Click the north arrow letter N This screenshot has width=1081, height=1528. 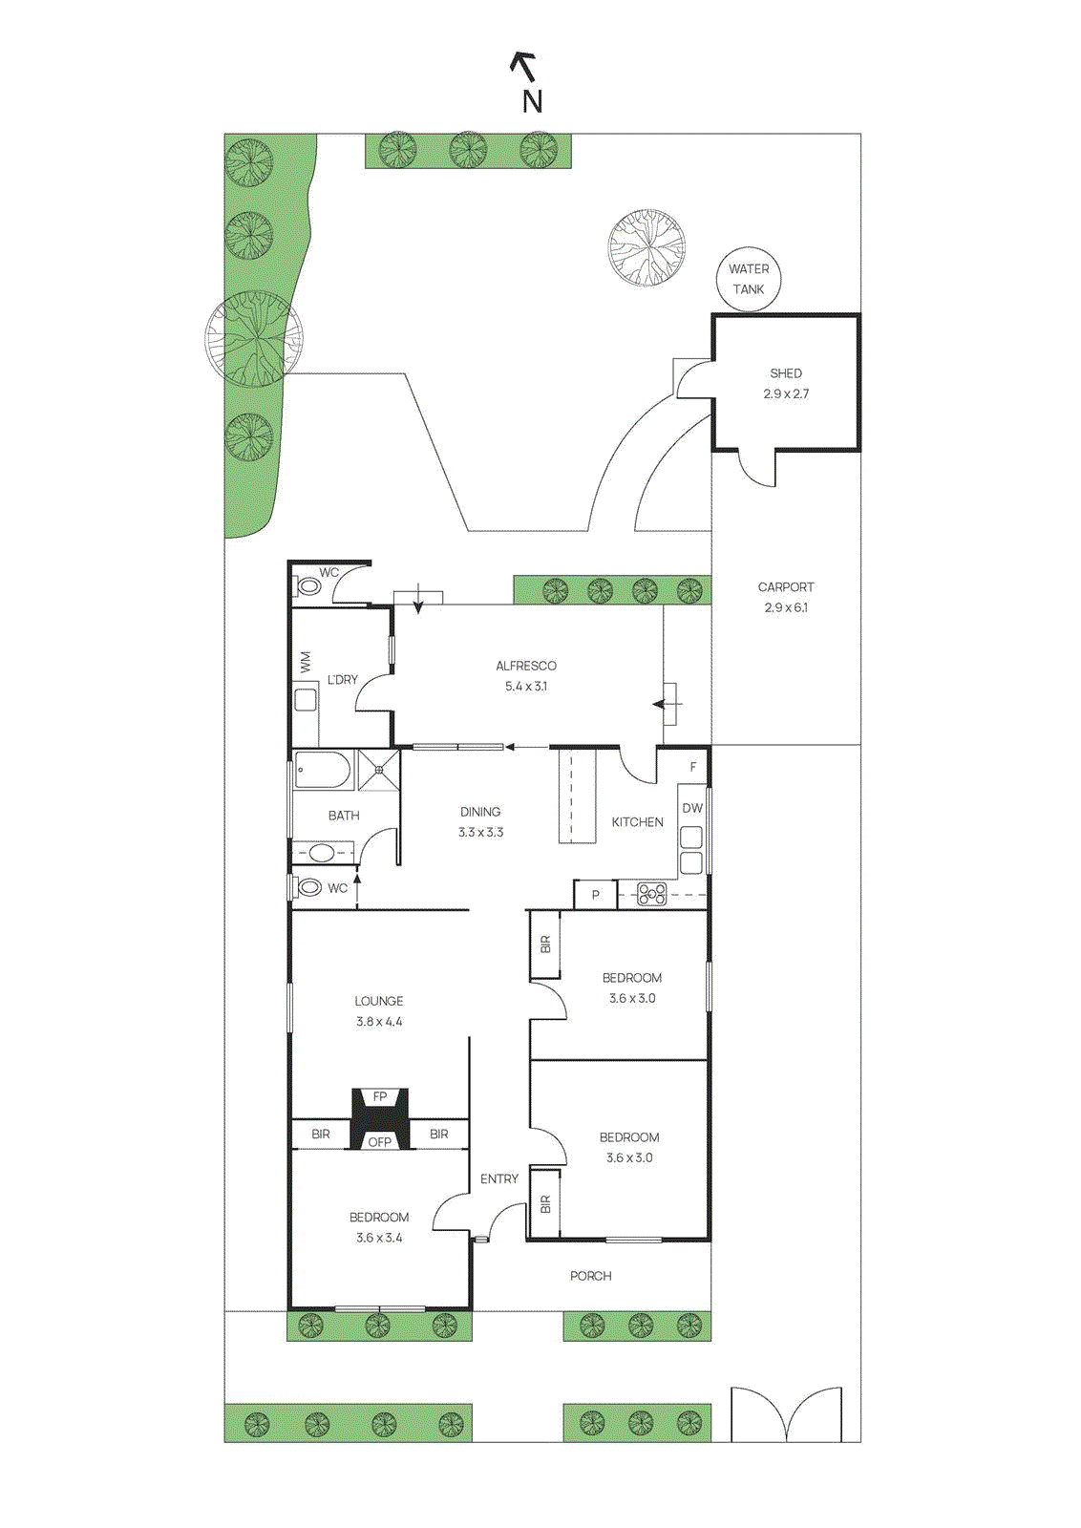coord(532,101)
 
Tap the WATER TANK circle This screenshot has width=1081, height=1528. coord(749,279)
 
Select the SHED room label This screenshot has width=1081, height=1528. coord(786,373)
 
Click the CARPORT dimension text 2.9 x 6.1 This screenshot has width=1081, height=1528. coord(786,607)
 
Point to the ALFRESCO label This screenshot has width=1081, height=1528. coord(525,666)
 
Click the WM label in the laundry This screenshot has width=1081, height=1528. coord(306,662)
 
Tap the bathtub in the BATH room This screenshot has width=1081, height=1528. coord(323,770)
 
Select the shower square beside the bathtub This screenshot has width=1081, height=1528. coord(379,770)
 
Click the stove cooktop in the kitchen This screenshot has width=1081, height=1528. coord(651,895)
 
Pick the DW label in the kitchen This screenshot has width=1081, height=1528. coord(692,808)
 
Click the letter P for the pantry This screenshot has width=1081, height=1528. coord(595,895)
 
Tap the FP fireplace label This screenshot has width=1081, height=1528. coord(380,1096)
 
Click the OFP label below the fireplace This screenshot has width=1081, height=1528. coord(380,1141)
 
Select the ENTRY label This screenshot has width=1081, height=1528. coord(499,1179)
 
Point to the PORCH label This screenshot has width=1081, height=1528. coord(590,1276)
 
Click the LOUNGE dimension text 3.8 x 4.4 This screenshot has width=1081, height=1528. coord(379,1022)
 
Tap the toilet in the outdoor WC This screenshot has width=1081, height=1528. coord(309,585)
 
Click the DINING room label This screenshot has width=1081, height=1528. coord(480,812)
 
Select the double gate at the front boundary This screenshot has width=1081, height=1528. coord(786,1415)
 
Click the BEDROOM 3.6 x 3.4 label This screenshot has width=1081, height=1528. coord(379,1218)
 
